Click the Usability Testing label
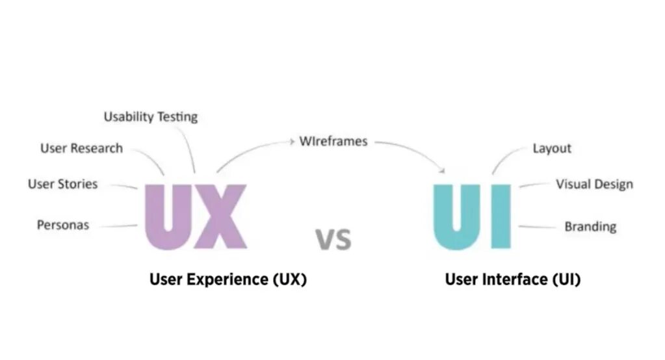[x=151, y=118]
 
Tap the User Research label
[x=81, y=149]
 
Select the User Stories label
[x=62, y=185]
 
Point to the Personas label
[x=63, y=225]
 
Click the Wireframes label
[x=333, y=141]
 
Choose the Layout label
[x=552, y=149]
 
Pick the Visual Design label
[x=594, y=185]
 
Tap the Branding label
[x=590, y=227]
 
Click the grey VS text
[x=333, y=239]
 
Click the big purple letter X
[x=221, y=217]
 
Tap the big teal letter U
[x=457, y=217]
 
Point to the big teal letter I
[x=501, y=216]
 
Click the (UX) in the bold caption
[x=288, y=280]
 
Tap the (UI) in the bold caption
[x=566, y=280]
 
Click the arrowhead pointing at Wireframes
[x=293, y=140]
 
